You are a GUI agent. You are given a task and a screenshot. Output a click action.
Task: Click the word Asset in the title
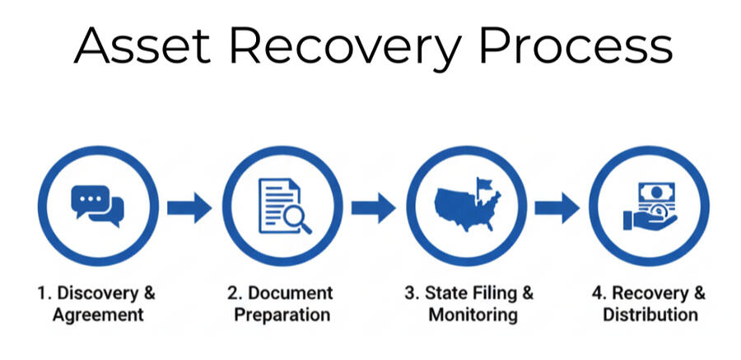point(141,46)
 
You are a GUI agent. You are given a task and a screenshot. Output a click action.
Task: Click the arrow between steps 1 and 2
point(189,207)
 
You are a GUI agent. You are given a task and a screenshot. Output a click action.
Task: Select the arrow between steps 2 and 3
point(373,207)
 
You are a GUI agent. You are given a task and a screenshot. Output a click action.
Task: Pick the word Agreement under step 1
point(98,314)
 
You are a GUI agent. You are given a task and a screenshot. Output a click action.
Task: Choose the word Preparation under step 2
point(281,314)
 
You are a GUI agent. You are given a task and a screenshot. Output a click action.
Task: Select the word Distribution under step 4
point(650,314)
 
